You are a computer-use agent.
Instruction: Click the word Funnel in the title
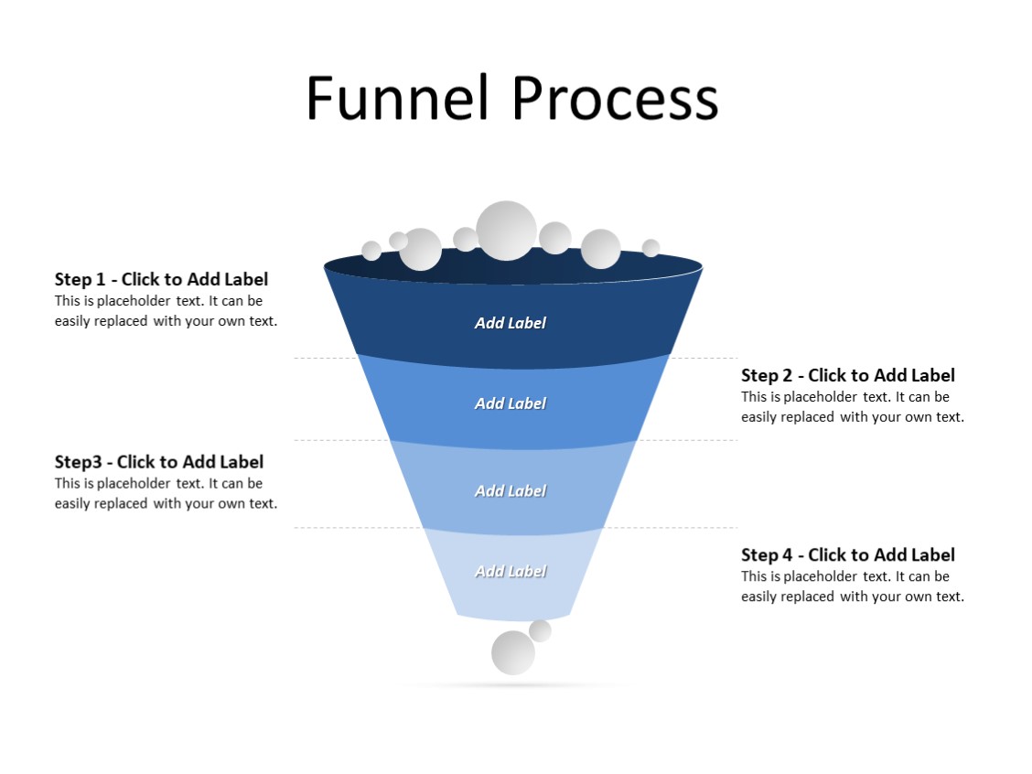(399, 98)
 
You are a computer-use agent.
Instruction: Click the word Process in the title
(615, 98)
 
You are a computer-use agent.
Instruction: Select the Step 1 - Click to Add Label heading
(161, 279)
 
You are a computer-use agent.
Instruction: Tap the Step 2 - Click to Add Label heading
(847, 375)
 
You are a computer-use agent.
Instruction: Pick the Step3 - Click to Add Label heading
(158, 461)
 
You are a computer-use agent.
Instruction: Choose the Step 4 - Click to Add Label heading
(847, 554)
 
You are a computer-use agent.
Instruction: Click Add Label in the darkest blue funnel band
(510, 323)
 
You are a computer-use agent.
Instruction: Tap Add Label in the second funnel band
(510, 403)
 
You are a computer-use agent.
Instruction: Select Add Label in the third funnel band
(510, 491)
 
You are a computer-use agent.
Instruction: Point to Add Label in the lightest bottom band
(510, 572)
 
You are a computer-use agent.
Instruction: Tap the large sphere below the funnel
(512, 653)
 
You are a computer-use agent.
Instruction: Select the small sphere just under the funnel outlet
(540, 630)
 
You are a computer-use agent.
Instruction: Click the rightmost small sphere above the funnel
(650, 248)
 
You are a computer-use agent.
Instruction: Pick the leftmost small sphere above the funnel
(371, 251)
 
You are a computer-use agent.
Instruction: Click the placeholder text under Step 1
(166, 311)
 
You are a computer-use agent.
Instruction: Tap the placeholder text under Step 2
(852, 407)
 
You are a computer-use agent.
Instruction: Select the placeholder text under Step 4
(852, 586)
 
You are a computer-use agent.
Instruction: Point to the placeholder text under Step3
(166, 493)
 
